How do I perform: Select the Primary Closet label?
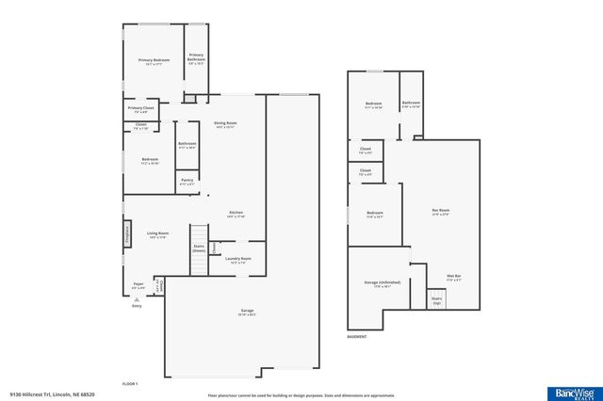pos(140,110)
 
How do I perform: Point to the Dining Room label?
pos(224,125)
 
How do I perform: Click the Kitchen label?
pos(236,215)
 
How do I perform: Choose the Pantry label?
pos(187,181)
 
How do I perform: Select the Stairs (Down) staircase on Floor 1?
pos(199,249)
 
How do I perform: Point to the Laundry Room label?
pos(238,260)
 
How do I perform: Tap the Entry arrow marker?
pos(137,299)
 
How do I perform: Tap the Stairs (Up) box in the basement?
pos(437,298)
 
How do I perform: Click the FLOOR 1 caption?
pos(130,384)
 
